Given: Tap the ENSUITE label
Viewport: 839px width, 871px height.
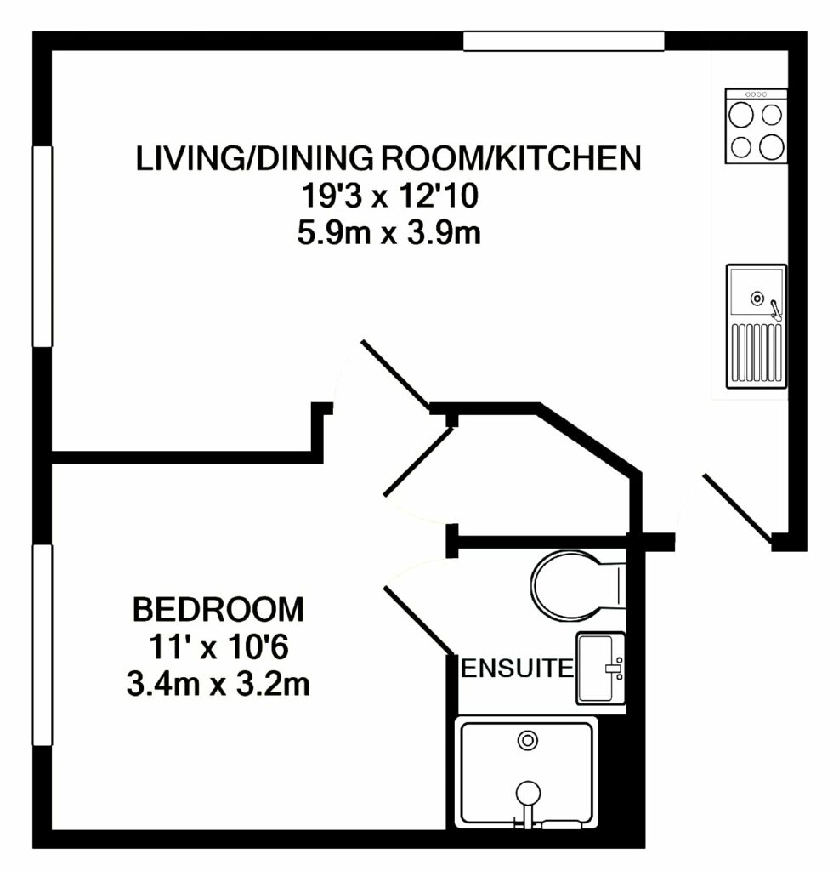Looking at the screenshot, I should [516, 669].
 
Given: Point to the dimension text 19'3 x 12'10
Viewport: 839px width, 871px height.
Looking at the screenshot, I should [388, 197].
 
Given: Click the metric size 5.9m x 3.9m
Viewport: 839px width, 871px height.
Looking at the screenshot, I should [388, 233].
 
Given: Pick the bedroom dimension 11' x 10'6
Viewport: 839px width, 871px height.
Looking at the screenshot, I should [218, 647].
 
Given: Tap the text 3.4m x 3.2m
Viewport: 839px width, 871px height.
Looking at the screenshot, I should [218, 683].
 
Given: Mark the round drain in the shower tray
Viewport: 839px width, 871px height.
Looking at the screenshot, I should [529, 740].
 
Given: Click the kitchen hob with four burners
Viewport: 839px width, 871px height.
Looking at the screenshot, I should [756, 127].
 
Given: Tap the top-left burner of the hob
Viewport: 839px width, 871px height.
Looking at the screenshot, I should [740, 114].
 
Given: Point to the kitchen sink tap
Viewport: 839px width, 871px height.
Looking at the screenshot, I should [774, 308].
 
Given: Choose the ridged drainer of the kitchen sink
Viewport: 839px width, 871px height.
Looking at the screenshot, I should [756, 352].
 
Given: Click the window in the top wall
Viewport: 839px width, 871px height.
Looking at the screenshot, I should [564, 41].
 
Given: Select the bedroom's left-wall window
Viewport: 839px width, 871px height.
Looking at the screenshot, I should [43, 645].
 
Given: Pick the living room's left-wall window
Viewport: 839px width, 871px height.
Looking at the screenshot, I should [43, 246].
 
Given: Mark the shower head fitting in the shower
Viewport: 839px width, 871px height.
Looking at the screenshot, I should [529, 792].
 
